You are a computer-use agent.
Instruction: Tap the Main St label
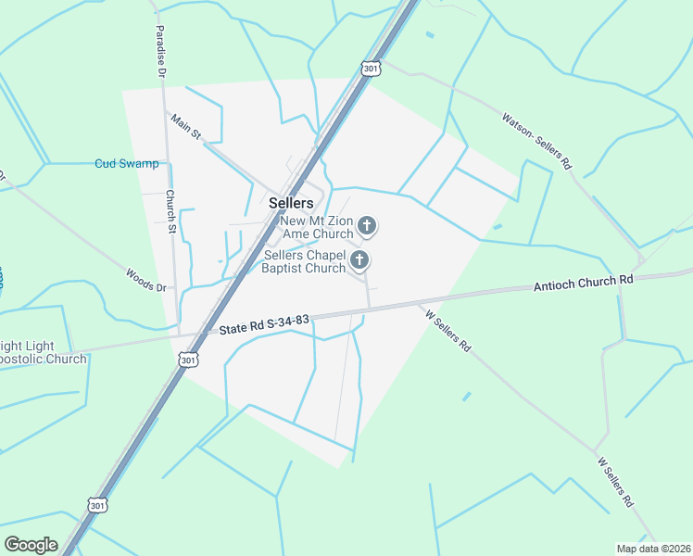(183, 127)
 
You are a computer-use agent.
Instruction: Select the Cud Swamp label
(127, 164)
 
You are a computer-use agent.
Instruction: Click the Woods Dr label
(145, 281)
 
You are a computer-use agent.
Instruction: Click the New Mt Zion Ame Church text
(318, 227)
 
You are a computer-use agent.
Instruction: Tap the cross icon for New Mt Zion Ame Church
(367, 224)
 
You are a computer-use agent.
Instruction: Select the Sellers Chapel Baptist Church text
(305, 261)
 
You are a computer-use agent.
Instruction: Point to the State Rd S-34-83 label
(264, 323)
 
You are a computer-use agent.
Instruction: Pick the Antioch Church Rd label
(583, 284)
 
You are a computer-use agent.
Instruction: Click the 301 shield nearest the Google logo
(97, 504)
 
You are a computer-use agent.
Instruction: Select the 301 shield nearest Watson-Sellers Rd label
(371, 69)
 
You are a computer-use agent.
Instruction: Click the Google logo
(31, 544)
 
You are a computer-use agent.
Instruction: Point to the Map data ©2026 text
(654, 548)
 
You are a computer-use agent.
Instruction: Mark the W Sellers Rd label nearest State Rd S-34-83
(448, 331)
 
